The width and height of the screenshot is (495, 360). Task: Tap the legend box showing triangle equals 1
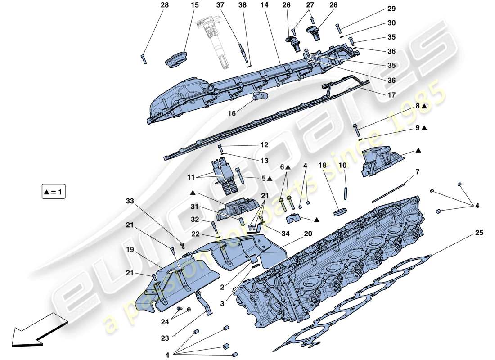click(54, 193)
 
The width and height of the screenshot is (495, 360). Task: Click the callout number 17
click(391, 95)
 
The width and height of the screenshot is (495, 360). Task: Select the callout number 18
click(323, 166)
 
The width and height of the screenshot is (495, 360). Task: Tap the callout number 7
click(417, 172)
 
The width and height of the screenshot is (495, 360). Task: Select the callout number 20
click(307, 234)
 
